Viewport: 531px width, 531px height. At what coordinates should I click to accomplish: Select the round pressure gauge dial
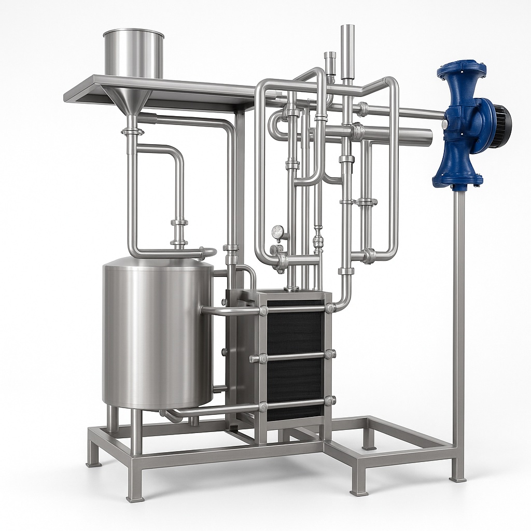(x=278, y=233)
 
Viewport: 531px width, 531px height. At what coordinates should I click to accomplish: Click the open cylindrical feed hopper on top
(x=133, y=52)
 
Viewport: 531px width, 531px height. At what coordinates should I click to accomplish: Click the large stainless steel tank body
(x=156, y=332)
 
